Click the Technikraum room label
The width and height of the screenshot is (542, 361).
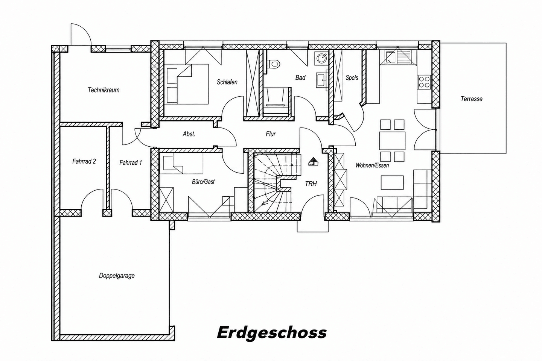104,90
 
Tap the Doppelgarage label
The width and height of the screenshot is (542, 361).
117,276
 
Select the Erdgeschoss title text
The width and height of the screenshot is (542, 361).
272,333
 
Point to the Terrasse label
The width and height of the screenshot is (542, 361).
471,99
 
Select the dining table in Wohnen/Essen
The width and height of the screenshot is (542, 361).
392,141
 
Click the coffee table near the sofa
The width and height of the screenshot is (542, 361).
392,182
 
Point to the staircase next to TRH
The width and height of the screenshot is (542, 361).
276,183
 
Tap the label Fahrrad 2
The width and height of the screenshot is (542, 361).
84,161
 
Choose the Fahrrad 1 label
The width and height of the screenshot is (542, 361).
131,162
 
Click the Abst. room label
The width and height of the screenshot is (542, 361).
189,134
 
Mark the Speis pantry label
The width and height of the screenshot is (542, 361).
352,78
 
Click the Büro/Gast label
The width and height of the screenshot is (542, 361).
203,181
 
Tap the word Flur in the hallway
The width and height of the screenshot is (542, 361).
271,134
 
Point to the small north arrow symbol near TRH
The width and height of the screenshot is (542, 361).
313,162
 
